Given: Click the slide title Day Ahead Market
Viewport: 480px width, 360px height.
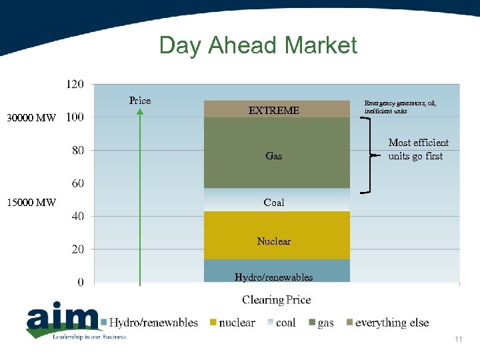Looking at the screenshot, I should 258,45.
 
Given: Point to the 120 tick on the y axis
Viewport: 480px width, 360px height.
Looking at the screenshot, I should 75,84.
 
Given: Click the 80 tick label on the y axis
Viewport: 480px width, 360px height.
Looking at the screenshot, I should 78,150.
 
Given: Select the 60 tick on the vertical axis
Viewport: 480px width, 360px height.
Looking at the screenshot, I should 78,183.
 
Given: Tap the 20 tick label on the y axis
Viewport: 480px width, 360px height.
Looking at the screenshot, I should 78,249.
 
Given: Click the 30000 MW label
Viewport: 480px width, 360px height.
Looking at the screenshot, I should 31,118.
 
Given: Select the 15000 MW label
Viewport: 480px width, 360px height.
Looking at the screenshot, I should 31,202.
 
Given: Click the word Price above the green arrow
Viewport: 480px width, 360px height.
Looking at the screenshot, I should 140,101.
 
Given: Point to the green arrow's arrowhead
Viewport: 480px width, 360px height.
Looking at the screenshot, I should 140,112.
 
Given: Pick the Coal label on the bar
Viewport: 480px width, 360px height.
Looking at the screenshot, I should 274,202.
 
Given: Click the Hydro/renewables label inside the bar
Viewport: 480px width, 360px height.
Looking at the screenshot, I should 274,277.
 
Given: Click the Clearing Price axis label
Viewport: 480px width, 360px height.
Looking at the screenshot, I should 277,300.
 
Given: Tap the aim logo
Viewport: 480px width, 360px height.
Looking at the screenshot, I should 63,321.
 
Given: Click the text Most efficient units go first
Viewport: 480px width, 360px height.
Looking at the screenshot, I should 419,149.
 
